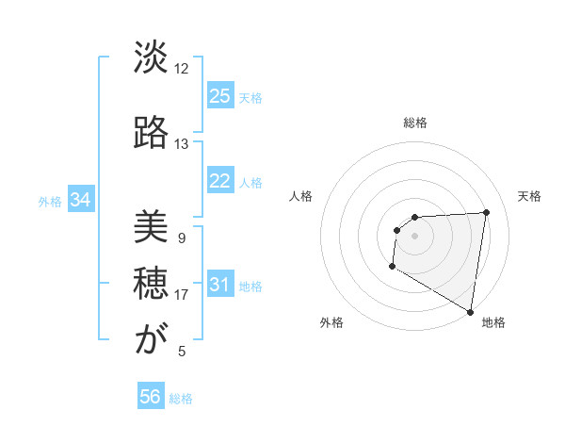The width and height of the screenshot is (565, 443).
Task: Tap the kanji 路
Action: tap(151, 133)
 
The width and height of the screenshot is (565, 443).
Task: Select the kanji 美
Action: tap(151, 227)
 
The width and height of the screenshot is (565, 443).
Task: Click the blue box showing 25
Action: tap(220, 96)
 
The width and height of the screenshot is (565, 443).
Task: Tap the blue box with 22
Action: tap(220, 181)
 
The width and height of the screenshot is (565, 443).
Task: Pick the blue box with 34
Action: tap(80, 200)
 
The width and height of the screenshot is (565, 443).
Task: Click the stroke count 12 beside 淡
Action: tap(182, 68)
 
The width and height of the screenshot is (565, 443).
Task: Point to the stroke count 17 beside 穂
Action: tap(182, 294)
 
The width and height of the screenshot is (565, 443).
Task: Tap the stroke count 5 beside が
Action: tap(182, 351)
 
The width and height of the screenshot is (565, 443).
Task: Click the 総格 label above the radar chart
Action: tap(415, 123)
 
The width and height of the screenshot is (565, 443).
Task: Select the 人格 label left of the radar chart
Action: tap(301, 196)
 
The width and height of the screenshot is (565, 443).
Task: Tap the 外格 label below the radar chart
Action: tap(331, 322)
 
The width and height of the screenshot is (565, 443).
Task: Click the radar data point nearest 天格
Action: tap(486, 212)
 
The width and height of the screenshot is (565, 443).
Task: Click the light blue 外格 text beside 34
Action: tap(50, 201)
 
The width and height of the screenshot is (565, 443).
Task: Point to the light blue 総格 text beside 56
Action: tap(181, 399)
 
